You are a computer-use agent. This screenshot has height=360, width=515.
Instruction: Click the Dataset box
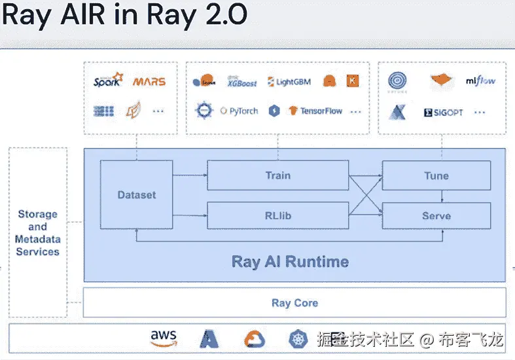pos(136,195)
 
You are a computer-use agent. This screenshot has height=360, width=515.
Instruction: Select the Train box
pos(277,175)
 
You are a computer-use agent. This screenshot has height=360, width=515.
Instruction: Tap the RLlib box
pos(277,215)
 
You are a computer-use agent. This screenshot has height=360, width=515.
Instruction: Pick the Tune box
pos(436,175)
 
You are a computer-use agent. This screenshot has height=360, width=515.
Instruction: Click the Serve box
pos(436,215)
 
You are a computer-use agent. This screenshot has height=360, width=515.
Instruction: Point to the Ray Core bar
pos(294,302)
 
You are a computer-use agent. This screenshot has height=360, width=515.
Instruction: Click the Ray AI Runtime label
pos(290,262)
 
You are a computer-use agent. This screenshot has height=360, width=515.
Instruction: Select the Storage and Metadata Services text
pos(37,232)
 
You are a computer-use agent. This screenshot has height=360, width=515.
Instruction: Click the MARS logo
pos(149,82)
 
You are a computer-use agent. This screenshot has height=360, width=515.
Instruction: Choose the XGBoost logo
pos(241,82)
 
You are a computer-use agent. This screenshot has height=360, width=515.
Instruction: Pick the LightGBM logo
pos(289,82)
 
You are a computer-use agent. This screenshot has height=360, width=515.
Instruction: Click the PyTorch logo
pos(239,111)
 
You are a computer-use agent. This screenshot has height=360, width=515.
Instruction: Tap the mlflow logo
pos(480,81)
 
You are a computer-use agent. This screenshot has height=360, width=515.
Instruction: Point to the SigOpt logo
pos(444,112)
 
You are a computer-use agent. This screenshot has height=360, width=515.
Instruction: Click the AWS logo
pos(164,338)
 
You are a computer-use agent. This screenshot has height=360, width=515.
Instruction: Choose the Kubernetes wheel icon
pos(298,338)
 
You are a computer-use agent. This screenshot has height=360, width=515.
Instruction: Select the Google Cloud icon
pos(255,338)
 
